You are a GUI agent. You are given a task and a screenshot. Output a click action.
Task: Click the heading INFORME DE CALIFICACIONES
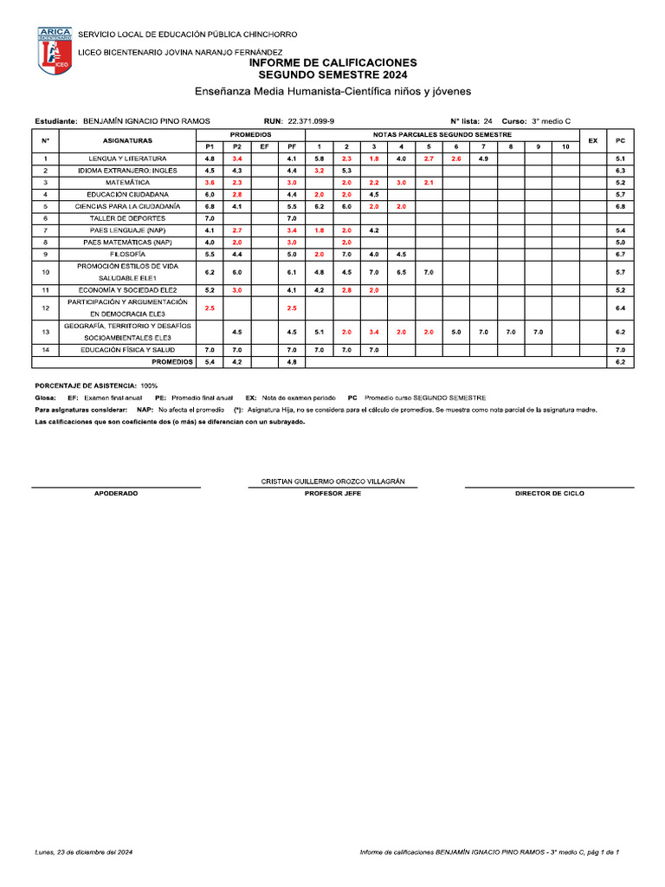click(332, 63)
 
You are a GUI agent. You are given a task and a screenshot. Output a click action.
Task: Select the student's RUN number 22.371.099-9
click(311, 121)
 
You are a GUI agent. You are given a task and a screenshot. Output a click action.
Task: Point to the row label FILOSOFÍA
click(128, 255)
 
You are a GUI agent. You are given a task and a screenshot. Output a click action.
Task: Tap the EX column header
click(592, 140)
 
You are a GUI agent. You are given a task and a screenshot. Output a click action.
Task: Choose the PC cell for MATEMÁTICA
click(620, 184)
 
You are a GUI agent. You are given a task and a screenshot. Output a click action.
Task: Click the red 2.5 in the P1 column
click(210, 308)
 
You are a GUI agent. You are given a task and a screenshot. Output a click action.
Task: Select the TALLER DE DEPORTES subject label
click(128, 219)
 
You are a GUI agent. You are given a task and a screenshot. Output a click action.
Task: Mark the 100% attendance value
click(148, 385)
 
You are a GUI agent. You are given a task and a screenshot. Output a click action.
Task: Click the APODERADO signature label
click(115, 493)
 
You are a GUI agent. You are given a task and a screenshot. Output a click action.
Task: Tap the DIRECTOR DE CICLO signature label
click(549, 493)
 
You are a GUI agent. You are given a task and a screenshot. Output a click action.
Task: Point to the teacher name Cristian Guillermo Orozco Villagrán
click(332, 481)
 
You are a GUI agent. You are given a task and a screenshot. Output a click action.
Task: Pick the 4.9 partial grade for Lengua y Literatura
click(483, 159)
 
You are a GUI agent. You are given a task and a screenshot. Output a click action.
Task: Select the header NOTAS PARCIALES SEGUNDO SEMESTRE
click(442, 135)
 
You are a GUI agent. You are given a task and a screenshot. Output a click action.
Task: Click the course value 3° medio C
click(551, 121)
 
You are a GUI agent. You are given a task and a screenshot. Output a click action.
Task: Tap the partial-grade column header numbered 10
click(565, 147)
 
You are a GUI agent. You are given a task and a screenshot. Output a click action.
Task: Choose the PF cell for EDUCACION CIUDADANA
click(292, 195)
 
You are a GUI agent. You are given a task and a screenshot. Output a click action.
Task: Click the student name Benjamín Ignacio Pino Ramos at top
click(145, 121)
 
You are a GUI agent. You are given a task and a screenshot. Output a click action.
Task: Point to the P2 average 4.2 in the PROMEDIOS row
click(236, 362)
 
